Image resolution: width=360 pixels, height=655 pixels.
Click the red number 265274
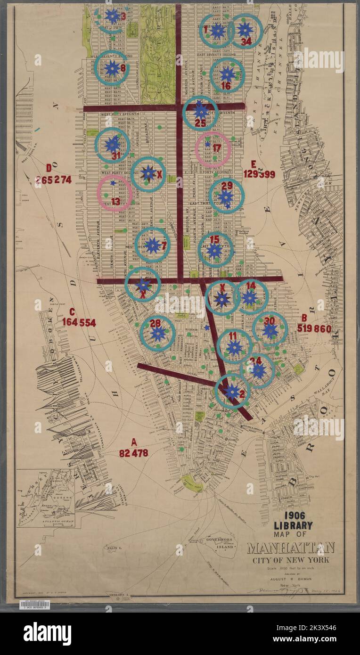click(x=54, y=180)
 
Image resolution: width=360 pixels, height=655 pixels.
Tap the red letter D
click(x=49, y=168)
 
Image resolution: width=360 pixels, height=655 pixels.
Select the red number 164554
click(x=79, y=323)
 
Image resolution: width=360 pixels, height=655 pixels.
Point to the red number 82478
click(x=133, y=453)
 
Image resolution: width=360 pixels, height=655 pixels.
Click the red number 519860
click(x=314, y=329)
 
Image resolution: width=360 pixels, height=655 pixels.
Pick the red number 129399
click(x=259, y=174)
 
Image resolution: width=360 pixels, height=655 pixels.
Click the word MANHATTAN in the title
click(x=291, y=548)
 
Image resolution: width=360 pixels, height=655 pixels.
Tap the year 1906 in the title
click(x=293, y=515)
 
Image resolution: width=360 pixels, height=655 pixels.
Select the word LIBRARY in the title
click(x=293, y=525)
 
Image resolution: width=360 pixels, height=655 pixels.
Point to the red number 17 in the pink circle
click(x=216, y=148)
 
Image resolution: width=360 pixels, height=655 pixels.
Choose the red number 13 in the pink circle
click(x=115, y=201)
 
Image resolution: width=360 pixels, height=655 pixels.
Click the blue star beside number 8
click(x=112, y=68)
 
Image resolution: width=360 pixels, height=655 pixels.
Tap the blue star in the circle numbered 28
click(x=158, y=334)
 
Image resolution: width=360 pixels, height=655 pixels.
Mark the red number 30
click(x=270, y=320)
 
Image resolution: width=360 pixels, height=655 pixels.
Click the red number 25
click(x=200, y=123)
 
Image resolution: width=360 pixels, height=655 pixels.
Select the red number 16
click(x=226, y=86)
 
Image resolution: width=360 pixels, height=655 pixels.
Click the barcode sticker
click(x=34, y=605)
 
